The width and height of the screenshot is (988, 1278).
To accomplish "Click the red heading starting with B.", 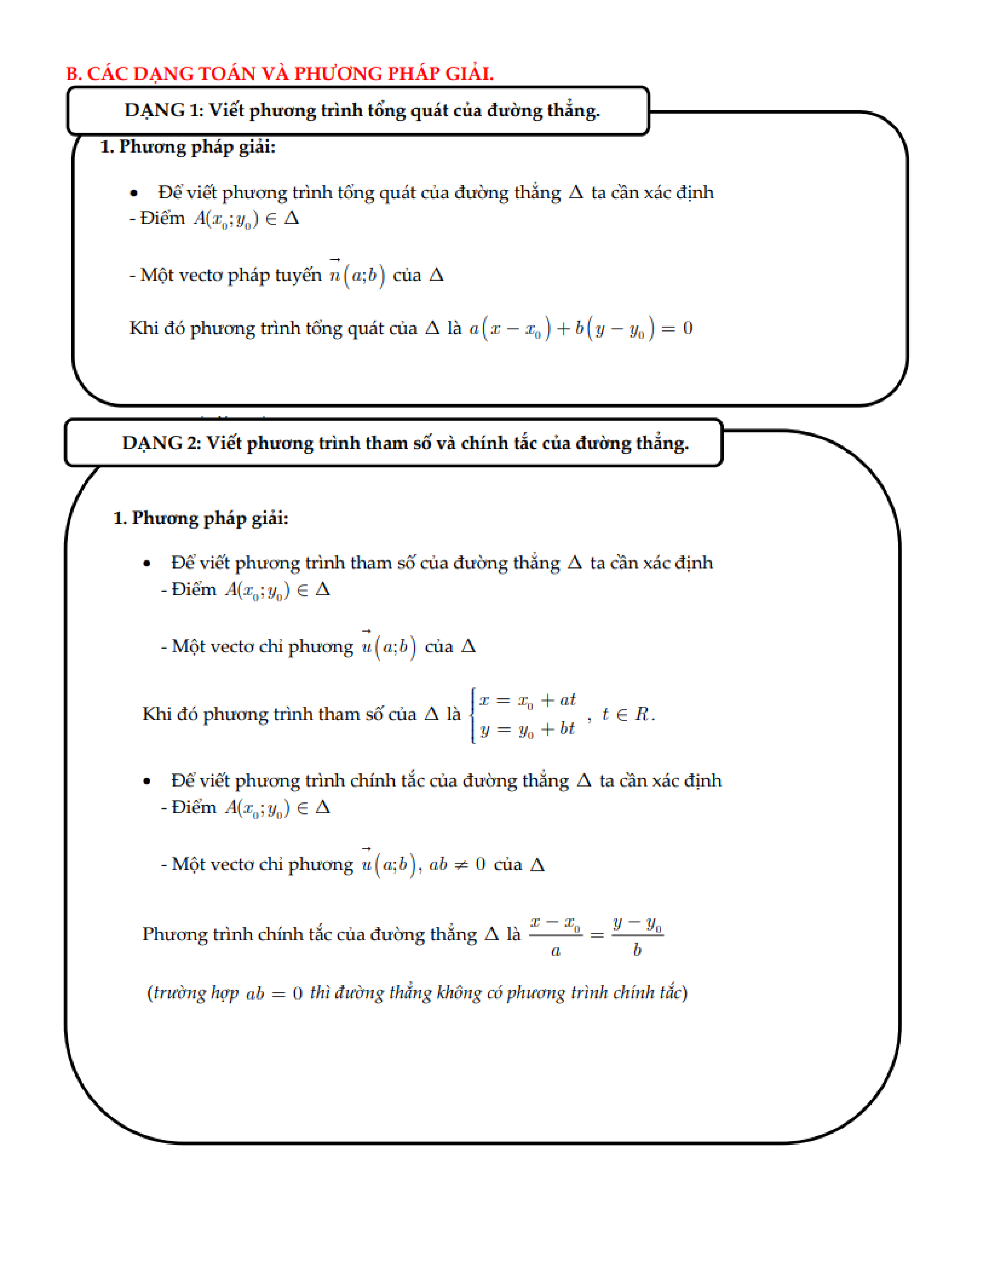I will [x=280, y=74].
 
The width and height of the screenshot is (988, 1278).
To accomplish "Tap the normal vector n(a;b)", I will [x=356, y=275].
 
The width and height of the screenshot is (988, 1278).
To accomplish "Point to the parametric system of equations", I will [x=525, y=715].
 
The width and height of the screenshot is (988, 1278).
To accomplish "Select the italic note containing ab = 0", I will [x=417, y=993].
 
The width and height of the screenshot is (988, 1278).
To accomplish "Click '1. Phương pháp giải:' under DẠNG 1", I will [x=187, y=147].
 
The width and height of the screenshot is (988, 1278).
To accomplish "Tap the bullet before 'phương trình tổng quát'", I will [x=134, y=193].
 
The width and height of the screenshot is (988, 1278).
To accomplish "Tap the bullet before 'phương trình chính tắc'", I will [x=147, y=781].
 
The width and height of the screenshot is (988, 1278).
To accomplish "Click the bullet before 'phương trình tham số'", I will [x=147, y=563].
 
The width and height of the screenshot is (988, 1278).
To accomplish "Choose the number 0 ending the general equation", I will [x=688, y=328].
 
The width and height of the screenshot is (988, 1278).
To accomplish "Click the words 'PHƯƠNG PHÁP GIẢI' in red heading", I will [x=393, y=74].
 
